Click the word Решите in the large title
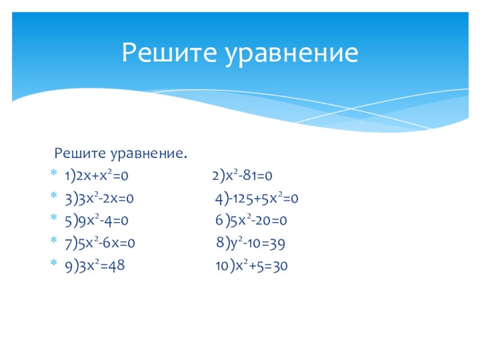click(169, 53)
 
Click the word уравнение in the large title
click(292, 54)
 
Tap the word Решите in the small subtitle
click(80, 153)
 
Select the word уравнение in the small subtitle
click(149, 154)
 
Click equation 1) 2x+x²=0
click(97, 176)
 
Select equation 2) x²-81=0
click(242, 175)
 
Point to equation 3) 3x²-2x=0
click(99, 199)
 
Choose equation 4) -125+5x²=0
click(257, 199)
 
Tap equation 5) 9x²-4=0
click(97, 221)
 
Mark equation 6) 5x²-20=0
click(251, 220)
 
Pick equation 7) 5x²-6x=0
click(100, 243)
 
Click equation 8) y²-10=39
click(250, 243)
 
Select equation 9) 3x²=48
click(95, 265)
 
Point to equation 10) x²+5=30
click(251, 265)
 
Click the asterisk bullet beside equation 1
click(54, 173)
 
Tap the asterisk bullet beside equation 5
click(54, 218)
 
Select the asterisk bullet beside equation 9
click(54, 263)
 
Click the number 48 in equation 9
click(116, 266)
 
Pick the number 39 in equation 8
click(277, 244)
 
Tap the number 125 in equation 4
click(243, 199)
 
